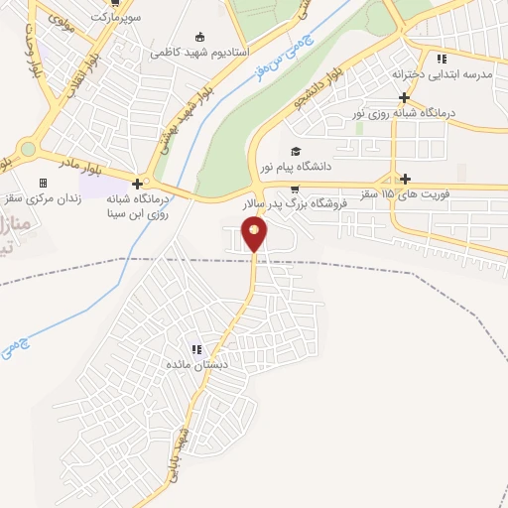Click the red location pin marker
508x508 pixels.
tap(255, 234)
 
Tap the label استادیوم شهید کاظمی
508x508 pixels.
tap(200, 51)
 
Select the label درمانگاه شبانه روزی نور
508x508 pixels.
tap(404, 112)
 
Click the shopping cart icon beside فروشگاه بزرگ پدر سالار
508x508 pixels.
tap(294, 189)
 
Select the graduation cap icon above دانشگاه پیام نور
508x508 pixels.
tap(294, 152)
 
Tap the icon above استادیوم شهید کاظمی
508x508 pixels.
tap(200, 36)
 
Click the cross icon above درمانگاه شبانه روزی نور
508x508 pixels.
tap(404, 97)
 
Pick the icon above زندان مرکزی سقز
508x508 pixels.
tap(43, 183)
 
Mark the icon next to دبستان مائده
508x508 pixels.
tap(196, 349)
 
